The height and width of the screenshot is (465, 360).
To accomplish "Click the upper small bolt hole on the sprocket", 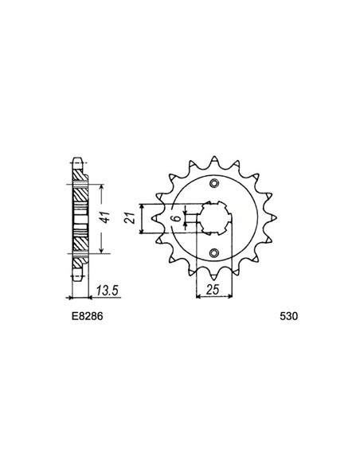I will [x=213, y=185].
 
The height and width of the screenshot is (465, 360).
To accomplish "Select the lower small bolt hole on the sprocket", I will [x=213, y=253].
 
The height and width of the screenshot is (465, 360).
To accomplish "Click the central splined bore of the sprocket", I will [x=213, y=219].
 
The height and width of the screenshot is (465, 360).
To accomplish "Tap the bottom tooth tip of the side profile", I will [x=77, y=279].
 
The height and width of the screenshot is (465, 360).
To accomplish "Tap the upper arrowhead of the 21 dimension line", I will [x=142, y=205].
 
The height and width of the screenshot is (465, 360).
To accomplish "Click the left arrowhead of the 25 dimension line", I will [x=198, y=296].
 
